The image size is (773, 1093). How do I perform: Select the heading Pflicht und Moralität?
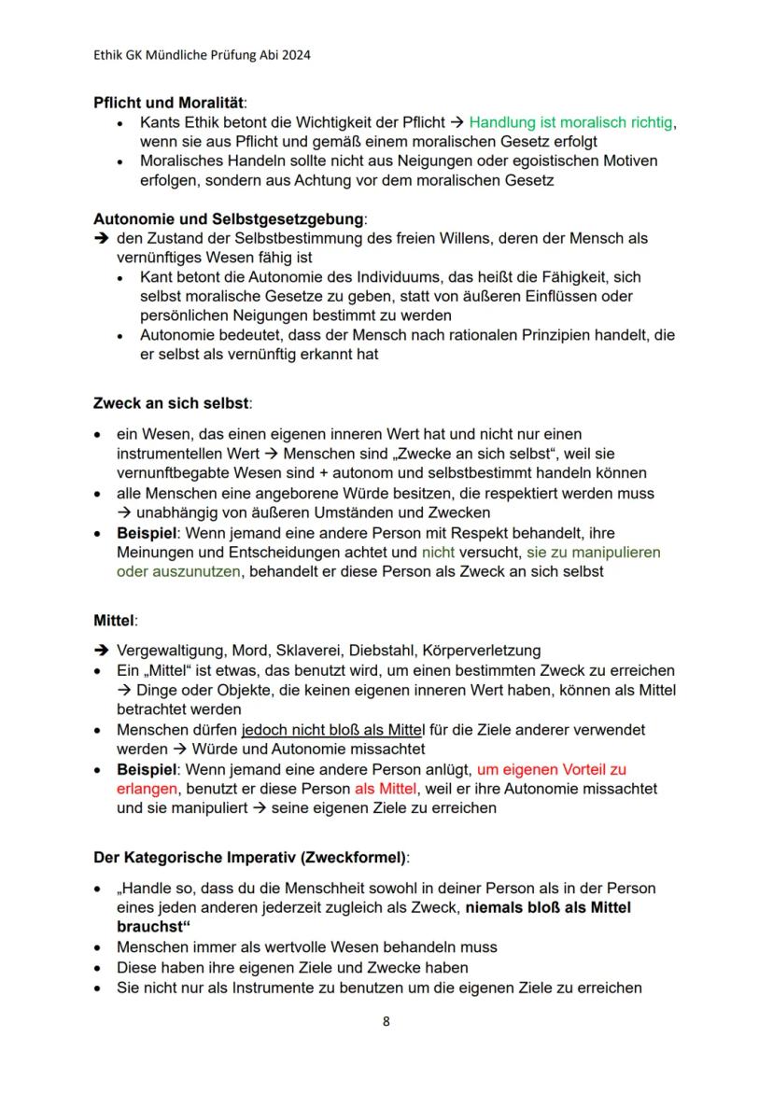(x=171, y=103)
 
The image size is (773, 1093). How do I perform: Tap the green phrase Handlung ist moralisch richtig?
(x=570, y=122)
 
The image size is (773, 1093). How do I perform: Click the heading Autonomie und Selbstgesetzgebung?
(x=229, y=219)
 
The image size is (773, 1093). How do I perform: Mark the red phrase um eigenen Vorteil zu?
(x=551, y=770)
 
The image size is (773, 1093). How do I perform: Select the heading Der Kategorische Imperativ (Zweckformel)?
(x=251, y=857)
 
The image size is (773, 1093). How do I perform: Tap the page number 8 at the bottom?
(x=386, y=1021)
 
